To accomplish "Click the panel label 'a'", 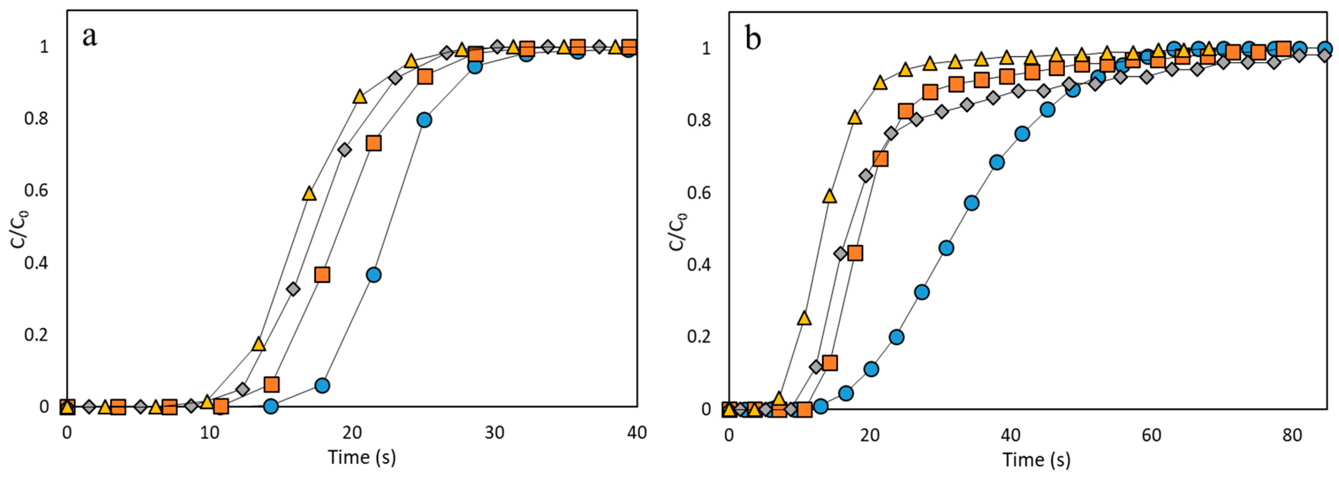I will click(90, 36).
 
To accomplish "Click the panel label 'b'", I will click(753, 39).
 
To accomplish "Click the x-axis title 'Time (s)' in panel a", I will click(362, 457).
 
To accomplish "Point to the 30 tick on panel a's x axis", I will click(494, 433).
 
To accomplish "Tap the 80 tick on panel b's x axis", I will click(1292, 435).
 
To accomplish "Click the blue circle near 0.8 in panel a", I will click(424, 120).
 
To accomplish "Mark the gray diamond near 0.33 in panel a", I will click(293, 289).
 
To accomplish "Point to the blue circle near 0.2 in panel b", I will click(897, 337).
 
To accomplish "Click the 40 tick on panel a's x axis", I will click(637, 433).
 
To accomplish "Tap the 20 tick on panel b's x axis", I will click(870, 435).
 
